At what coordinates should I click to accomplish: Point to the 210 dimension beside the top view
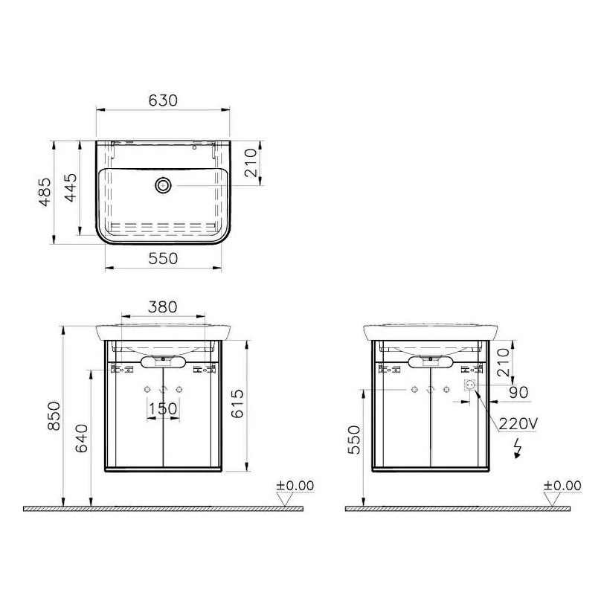251,161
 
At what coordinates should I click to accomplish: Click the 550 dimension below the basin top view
164,258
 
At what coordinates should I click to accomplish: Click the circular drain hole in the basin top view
163,184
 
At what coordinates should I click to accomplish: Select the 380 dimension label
162,306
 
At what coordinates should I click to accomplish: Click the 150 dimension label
162,408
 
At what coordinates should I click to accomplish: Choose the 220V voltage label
518,424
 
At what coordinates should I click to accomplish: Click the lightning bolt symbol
518,447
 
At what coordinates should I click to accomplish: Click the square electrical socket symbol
469,386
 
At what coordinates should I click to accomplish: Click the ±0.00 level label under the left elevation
295,486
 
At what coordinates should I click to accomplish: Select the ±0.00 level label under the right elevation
562,486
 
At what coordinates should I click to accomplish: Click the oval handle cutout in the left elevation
163,361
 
